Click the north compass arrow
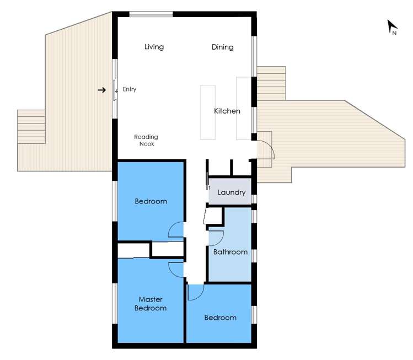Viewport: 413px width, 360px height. (x=392, y=26)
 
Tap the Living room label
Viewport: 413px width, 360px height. (x=154, y=47)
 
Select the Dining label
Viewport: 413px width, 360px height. (x=222, y=47)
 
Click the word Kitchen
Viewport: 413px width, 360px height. (x=227, y=111)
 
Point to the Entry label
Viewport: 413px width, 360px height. (x=130, y=89)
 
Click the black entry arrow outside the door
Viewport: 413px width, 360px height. (x=102, y=90)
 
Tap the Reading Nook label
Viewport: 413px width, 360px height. (x=146, y=140)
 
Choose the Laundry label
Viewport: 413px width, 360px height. (x=231, y=192)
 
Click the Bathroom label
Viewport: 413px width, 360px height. (x=230, y=252)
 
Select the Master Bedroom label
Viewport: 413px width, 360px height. (x=151, y=304)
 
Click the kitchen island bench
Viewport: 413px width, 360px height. (x=207, y=112)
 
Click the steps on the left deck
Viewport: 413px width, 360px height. (x=31, y=126)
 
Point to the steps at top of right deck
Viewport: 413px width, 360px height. (x=271, y=83)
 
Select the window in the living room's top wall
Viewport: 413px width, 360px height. (x=151, y=14)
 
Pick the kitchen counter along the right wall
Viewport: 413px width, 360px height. (x=243, y=108)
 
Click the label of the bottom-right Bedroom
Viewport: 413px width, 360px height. (x=220, y=318)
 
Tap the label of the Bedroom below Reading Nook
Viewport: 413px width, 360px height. (x=151, y=201)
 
